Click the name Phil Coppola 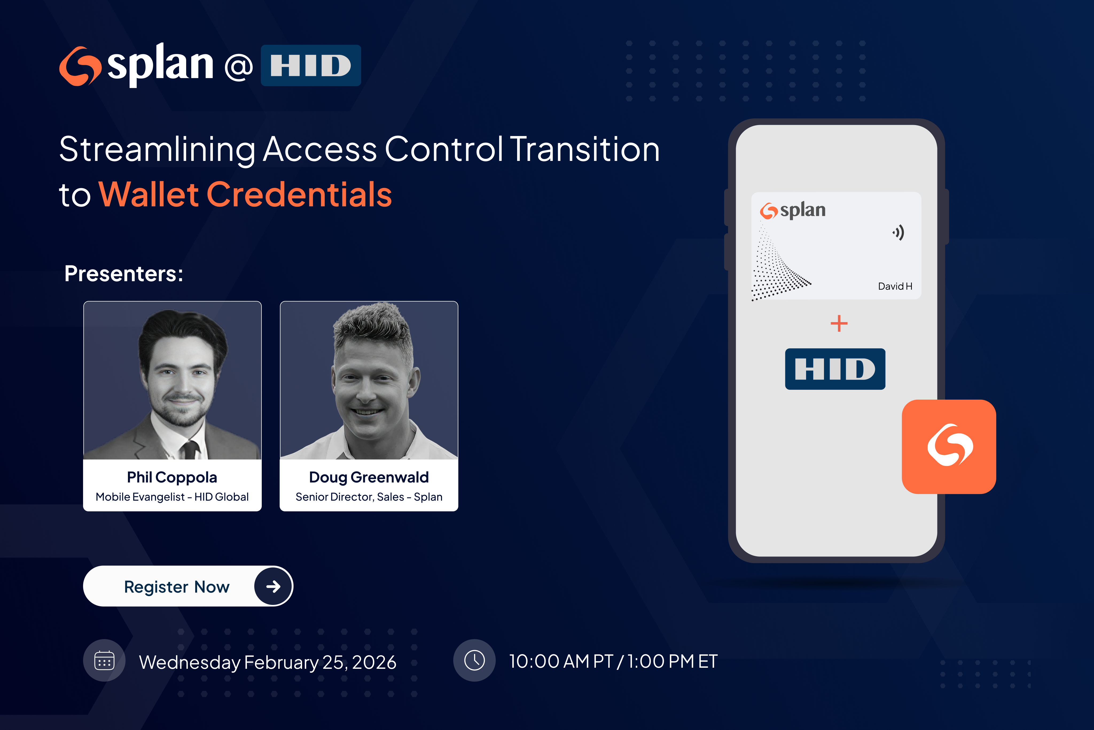pos(172,477)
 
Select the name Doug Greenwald pos(369,477)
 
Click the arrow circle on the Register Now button pos(273,586)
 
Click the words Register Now pos(177,587)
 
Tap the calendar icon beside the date pos(104,660)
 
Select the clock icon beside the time pos(474,660)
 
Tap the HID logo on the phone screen pos(835,369)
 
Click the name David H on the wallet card pos(895,286)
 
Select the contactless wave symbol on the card pos(899,232)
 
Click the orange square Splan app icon pos(949,446)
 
